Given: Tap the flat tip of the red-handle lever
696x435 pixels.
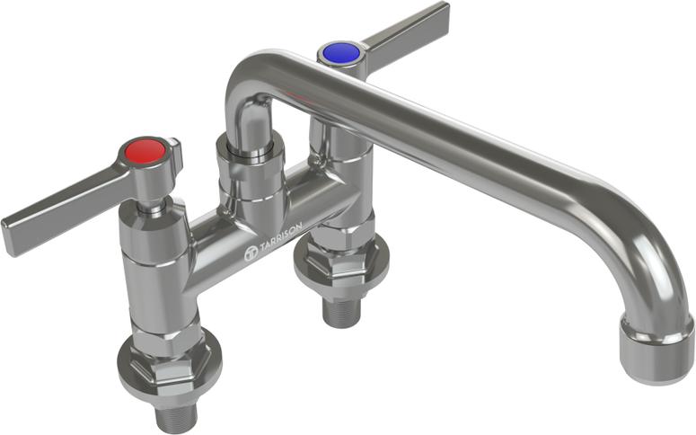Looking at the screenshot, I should [13, 235].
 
